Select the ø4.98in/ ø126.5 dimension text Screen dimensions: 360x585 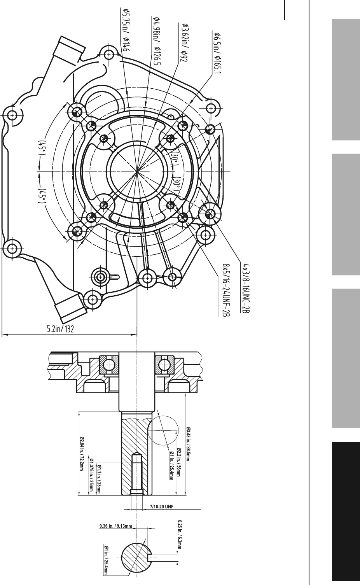(156, 41)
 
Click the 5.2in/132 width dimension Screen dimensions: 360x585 (60, 329)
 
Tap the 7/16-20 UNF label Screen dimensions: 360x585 (162, 506)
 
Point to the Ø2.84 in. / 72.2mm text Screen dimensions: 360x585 (81, 454)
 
